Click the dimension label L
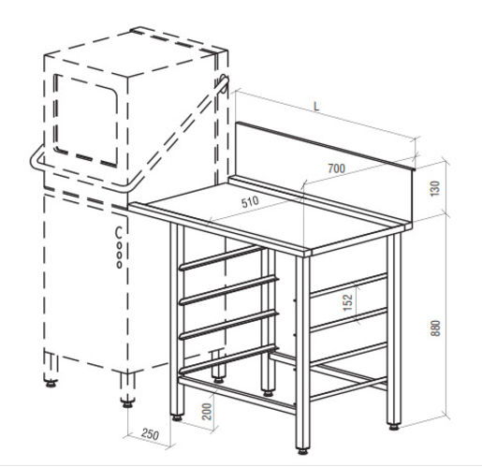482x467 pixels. click(x=316, y=107)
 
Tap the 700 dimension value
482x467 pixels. click(x=337, y=168)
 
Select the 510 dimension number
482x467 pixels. click(x=250, y=201)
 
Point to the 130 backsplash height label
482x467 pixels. click(x=434, y=188)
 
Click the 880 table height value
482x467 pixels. click(x=435, y=328)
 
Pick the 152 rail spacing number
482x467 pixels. click(x=347, y=302)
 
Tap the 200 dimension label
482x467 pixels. click(x=207, y=412)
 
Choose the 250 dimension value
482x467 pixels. click(x=150, y=434)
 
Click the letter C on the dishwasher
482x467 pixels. click(x=118, y=232)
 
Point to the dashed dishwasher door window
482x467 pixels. click(x=86, y=120)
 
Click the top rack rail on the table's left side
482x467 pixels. click(x=220, y=257)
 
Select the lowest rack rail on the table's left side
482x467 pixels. click(x=228, y=358)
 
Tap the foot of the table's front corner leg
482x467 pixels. click(x=302, y=451)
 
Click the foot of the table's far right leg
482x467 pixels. click(x=394, y=427)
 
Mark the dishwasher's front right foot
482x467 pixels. click(x=127, y=403)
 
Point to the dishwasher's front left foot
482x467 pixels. click(x=51, y=384)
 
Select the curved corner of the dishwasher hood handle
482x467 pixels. click(x=36, y=161)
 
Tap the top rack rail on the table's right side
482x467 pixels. click(x=348, y=285)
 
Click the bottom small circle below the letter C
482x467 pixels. click(x=119, y=265)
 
